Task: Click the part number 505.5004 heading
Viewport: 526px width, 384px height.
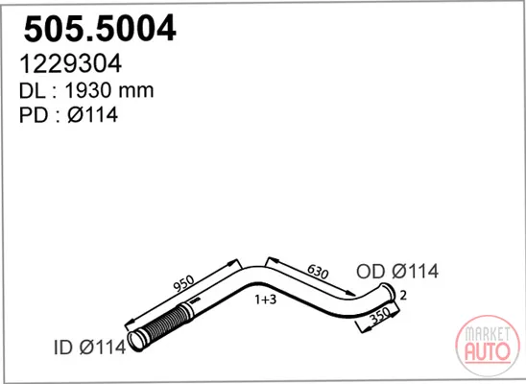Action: coord(100,28)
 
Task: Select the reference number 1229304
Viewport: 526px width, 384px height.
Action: coord(70,63)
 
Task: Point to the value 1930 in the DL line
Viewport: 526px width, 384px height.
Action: coord(88,90)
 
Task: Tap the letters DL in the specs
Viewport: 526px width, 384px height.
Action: coord(32,90)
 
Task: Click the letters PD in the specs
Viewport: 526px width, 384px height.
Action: coord(34,114)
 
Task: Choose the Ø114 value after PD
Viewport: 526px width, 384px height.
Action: coord(93,114)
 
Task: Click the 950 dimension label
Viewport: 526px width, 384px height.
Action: coord(184,283)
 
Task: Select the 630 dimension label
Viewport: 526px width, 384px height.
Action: coord(318,271)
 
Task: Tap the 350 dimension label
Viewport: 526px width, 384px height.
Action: coord(380,316)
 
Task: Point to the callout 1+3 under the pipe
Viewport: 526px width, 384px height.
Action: coord(265,300)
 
